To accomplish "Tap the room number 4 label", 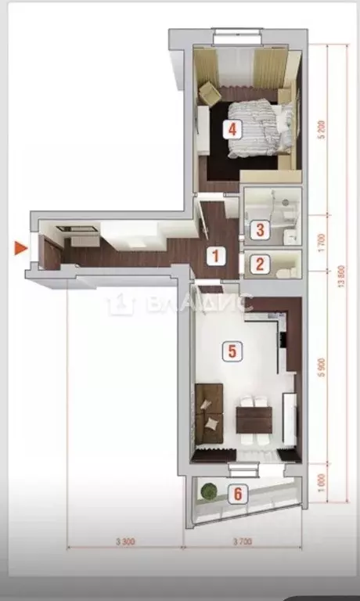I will point(231,128).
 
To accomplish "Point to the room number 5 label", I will point(230,351).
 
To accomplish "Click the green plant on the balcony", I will point(208,491).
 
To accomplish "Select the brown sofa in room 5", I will point(209,411).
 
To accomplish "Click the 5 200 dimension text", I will point(321,129).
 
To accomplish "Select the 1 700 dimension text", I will point(321,242).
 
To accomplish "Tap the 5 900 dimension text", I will point(321,368).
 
